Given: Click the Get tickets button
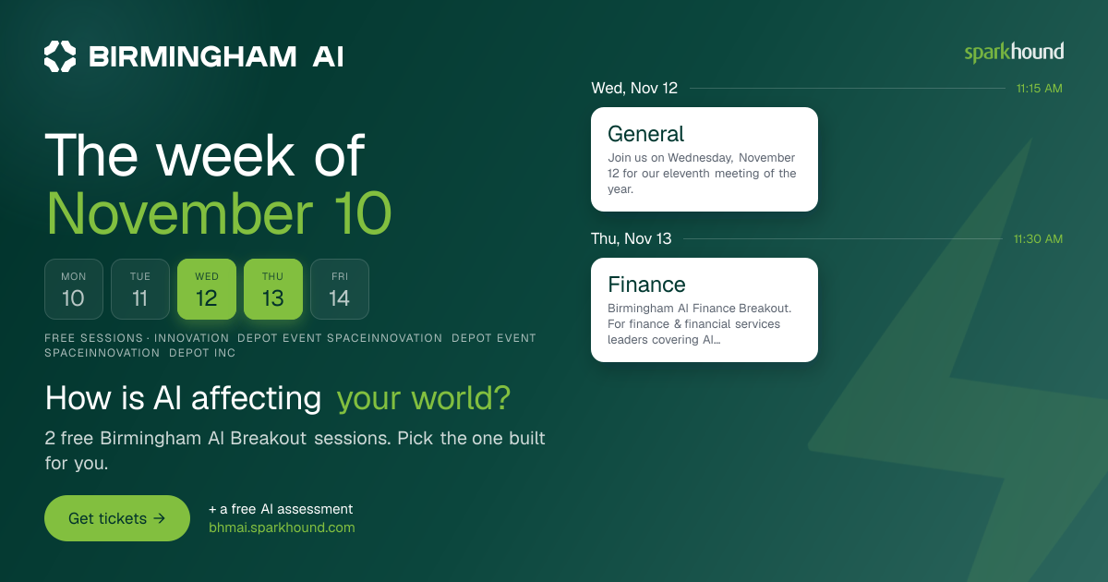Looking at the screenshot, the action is [117, 518].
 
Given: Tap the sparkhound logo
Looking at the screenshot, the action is [1014, 53].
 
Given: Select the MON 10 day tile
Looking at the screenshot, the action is [74, 289].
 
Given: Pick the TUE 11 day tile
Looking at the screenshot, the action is [140, 289].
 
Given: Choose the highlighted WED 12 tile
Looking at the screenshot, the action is [207, 289].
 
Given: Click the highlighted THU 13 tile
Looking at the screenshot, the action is [273, 289].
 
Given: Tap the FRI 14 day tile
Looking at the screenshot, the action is [340, 289].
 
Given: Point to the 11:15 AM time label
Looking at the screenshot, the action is [1040, 89].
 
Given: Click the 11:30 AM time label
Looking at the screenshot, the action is [1038, 239].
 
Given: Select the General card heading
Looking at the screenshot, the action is [645, 134].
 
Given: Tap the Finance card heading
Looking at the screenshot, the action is [646, 285].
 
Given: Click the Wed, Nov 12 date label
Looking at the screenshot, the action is [634, 88].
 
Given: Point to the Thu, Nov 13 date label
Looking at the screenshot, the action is [632, 238].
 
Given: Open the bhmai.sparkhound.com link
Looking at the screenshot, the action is [282, 527].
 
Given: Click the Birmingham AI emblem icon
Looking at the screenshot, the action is [60, 56].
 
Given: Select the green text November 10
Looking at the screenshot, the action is [219, 213].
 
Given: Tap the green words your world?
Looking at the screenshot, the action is [424, 398].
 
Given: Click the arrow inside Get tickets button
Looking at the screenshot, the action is [159, 518].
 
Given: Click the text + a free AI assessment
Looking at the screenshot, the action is [281, 509].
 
